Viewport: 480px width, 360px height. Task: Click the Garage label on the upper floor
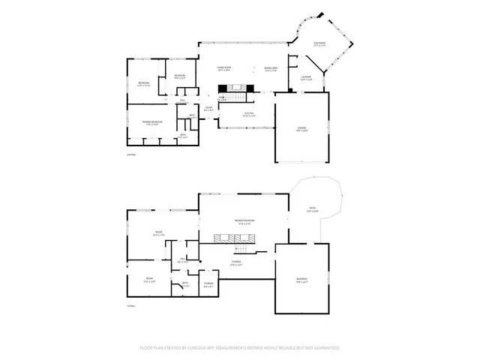[301, 132]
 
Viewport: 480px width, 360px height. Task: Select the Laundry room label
[307, 76]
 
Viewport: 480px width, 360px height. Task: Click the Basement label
[301, 280]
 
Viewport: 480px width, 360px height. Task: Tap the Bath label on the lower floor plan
[185, 283]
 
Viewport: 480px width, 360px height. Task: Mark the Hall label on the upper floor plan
[183, 100]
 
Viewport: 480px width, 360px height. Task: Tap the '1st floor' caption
[130, 306]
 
